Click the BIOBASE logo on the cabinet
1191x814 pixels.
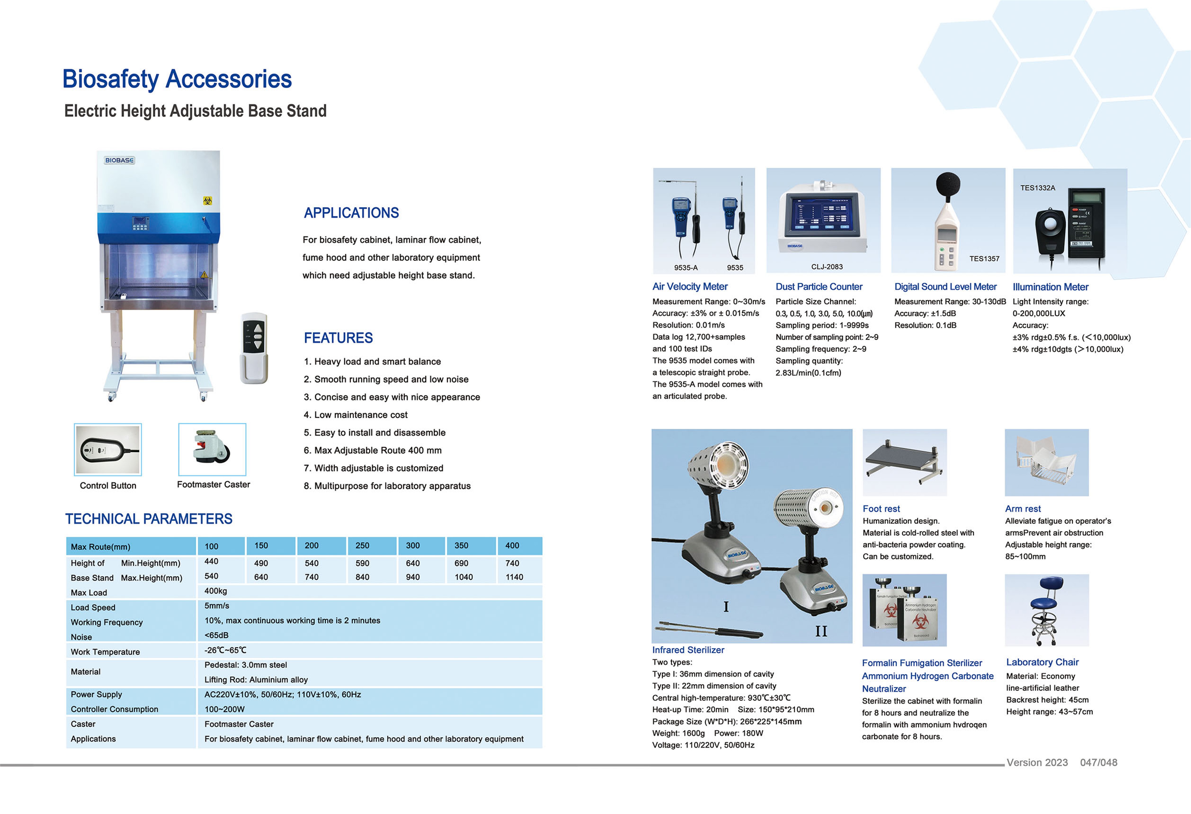point(119,161)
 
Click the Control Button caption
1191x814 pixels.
point(108,485)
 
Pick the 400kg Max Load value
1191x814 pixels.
point(216,591)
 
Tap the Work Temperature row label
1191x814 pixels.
point(105,652)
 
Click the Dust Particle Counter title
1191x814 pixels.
point(818,286)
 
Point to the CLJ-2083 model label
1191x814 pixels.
point(827,267)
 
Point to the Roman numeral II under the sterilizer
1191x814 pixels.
point(821,631)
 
